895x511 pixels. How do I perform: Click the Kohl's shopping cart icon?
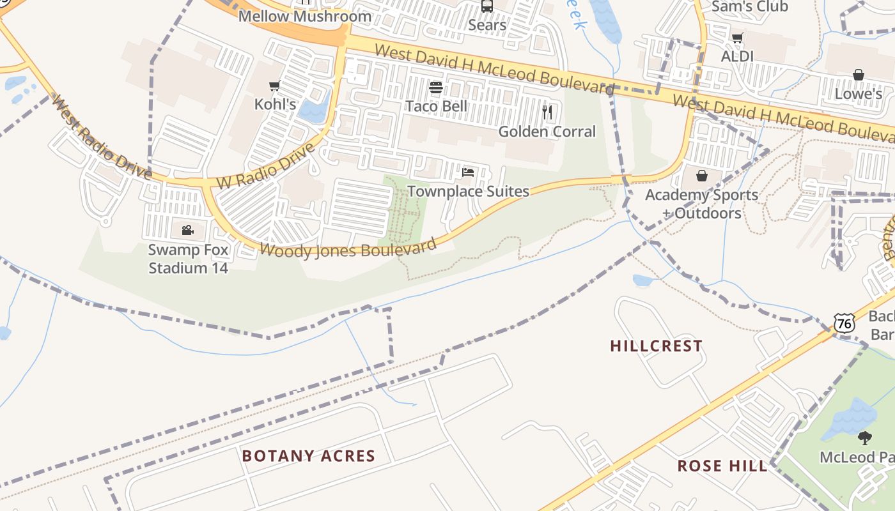[x=275, y=86]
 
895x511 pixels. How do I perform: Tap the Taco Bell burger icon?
[x=436, y=88]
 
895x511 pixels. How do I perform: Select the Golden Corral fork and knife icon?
[x=547, y=113]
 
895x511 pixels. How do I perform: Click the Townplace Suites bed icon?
[x=468, y=172]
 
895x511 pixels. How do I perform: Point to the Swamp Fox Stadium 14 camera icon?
[x=187, y=231]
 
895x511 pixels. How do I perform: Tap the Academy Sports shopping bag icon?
[x=702, y=176]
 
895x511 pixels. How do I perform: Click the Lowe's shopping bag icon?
[x=858, y=75]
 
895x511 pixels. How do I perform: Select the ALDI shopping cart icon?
[x=737, y=38]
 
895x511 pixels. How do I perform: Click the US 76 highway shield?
[x=844, y=324]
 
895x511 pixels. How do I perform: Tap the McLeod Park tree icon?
[x=865, y=438]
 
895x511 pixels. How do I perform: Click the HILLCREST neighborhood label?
[x=656, y=346]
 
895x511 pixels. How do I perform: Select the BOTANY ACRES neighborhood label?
[x=308, y=456]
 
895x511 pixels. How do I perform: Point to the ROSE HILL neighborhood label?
[x=722, y=466]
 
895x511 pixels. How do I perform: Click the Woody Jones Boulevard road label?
[x=348, y=249]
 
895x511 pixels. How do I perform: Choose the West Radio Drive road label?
[x=101, y=137]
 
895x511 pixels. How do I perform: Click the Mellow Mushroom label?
[x=304, y=17]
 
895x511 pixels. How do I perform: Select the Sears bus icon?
[x=487, y=6]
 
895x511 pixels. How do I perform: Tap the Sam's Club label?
[x=749, y=7]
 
